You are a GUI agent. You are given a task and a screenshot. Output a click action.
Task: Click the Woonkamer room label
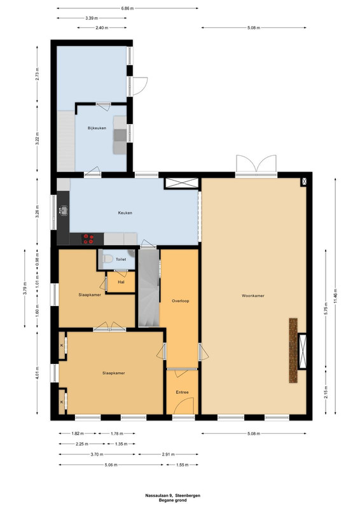(253, 296)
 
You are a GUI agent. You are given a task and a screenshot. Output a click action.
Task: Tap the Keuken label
(125, 213)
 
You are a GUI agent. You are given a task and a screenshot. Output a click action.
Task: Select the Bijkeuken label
(97, 129)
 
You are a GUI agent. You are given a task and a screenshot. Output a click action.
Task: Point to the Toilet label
(121, 260)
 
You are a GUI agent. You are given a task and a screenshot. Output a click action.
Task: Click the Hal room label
(121, 282)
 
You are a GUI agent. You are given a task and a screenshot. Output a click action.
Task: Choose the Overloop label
(181, 301)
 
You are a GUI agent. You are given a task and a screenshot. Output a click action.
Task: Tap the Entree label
(182, 392)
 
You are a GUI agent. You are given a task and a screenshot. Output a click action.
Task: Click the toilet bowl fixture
(107, 259)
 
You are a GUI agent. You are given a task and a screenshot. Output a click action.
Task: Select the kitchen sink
(64, 211)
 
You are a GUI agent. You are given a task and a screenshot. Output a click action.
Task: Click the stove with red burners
(88, 239)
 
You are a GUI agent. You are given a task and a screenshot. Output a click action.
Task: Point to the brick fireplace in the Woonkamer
(293, 351)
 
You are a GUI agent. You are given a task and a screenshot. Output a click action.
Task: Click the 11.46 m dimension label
(335, 296)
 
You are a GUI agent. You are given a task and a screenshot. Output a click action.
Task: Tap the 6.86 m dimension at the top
(127, 8)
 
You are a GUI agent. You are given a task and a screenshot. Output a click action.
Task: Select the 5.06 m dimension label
(111, 465)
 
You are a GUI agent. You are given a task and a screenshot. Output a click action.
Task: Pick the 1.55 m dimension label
(182, 465)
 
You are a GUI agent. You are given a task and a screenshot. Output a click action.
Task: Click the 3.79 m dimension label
(25, 288)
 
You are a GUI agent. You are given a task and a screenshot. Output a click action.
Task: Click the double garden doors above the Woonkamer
(256, 164)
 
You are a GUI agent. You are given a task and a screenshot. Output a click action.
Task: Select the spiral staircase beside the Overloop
(149, 288)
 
